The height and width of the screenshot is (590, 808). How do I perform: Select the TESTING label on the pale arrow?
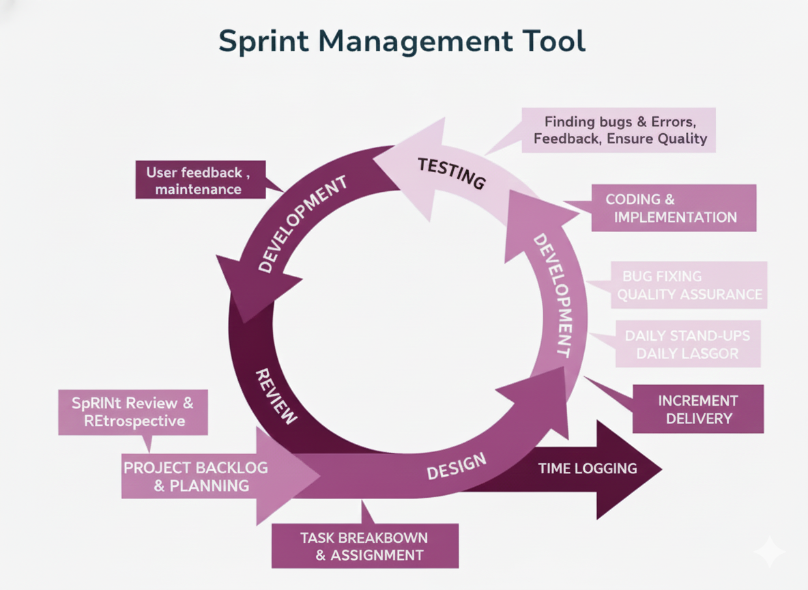click(451, 173)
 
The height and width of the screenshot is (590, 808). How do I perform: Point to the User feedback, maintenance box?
click(199, 180)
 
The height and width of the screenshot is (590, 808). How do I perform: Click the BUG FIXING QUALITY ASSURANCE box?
click(689, 285)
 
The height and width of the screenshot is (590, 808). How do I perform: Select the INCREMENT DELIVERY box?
click(697, 409)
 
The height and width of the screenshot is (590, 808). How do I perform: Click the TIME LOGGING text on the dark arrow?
click(587, 468)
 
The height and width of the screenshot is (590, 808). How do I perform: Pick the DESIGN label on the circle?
click(457, 466)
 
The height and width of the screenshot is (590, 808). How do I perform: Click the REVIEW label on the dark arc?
click(276, 396)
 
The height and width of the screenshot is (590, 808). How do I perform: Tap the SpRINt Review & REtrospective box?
click(133, 412)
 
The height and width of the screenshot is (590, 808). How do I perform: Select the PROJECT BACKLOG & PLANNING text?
click(196, 477)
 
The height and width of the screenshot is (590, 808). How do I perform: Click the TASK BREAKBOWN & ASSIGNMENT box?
click(364, 546)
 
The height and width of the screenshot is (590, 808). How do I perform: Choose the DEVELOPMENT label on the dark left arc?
click(302, 223)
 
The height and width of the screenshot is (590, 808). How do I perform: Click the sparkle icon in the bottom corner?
click(769, 551)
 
